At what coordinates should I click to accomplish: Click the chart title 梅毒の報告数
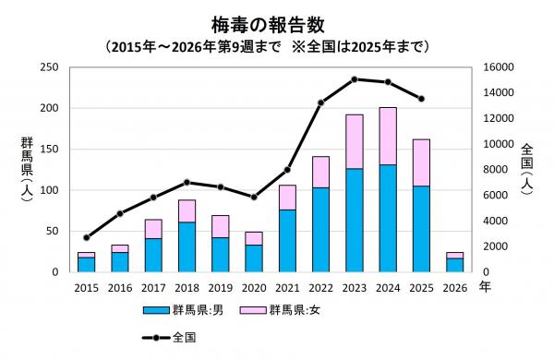(276, 21)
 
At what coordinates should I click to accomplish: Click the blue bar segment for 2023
(355, 221)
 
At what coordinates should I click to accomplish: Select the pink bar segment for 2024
(388, 136)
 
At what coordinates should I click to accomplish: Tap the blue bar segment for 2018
(187, 246)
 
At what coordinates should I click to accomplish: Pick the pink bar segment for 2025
(422, 162)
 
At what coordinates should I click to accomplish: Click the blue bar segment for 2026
(455, 265)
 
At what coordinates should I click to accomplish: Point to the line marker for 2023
(355, 79)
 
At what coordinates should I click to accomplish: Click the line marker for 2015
(87, 237)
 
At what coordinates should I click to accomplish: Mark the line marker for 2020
(254, 197)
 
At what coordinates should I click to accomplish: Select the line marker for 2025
(422, 99)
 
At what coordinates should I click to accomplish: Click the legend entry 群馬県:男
(184, 311)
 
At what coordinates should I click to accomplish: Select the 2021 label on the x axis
(287, 288)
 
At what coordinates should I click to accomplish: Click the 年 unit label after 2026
(486, 288)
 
